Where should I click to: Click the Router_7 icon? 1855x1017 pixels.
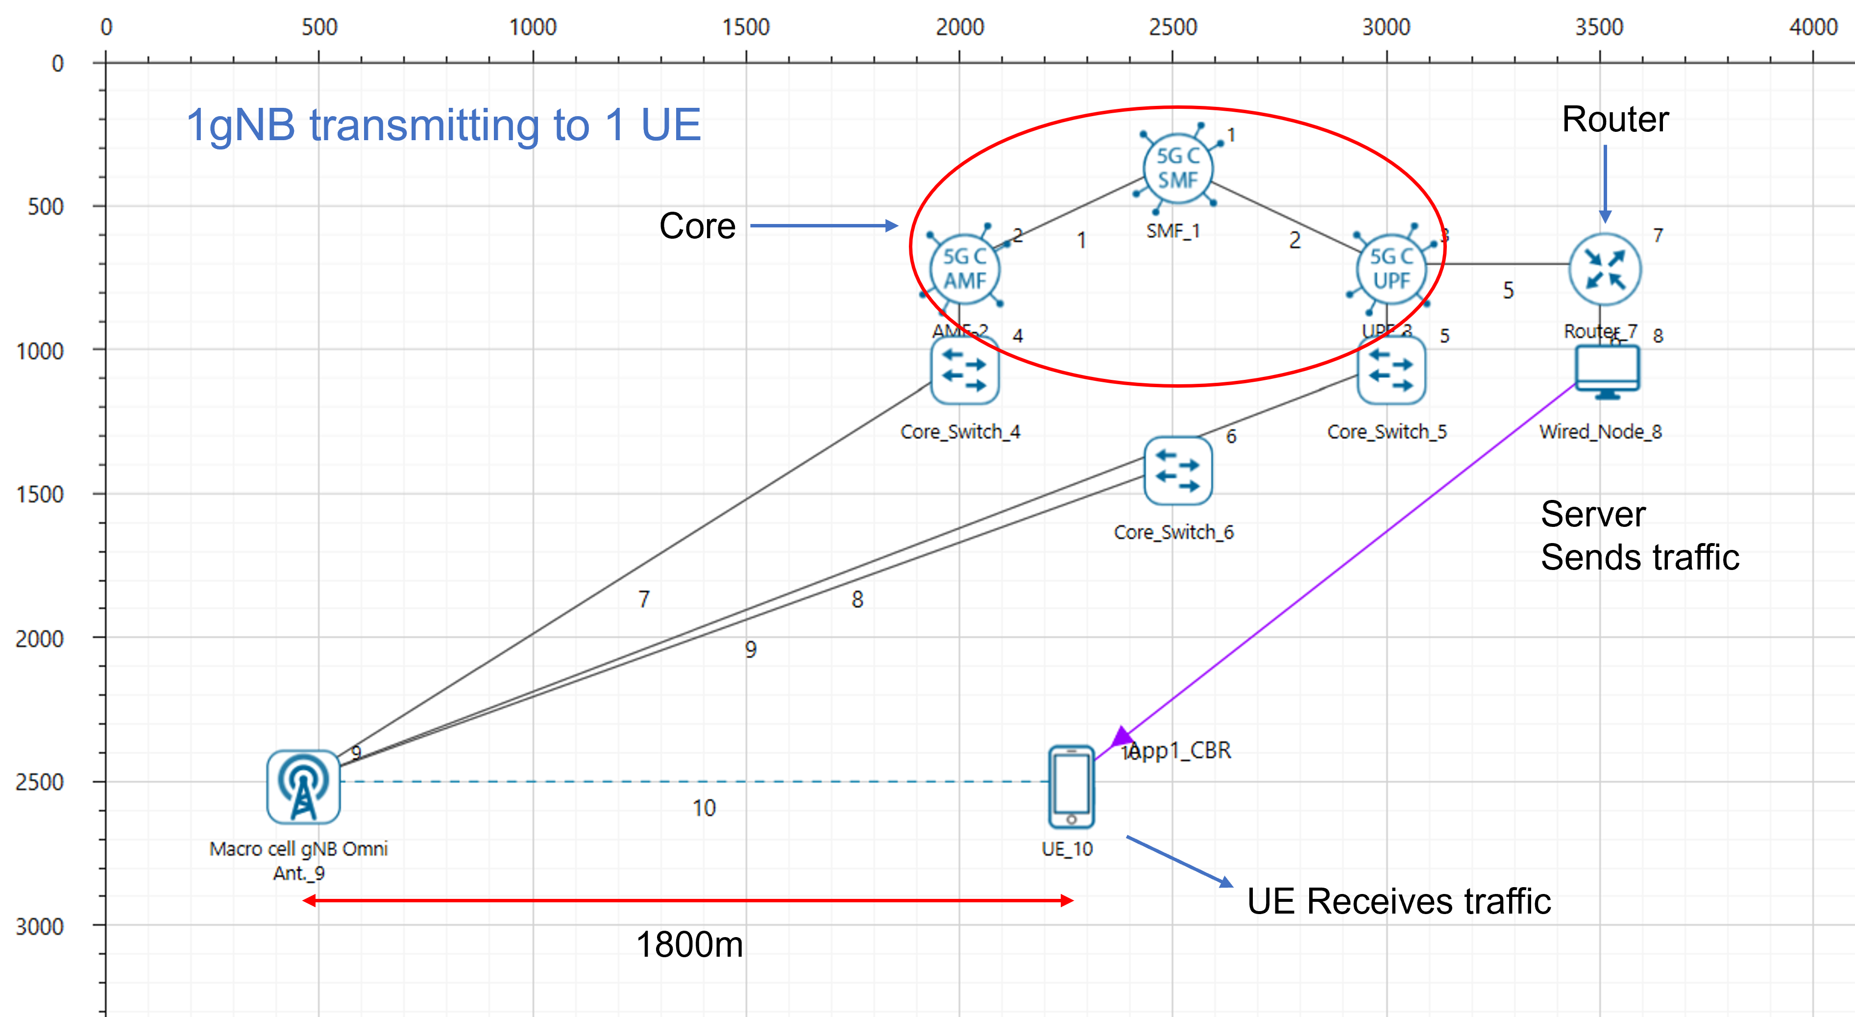1605,270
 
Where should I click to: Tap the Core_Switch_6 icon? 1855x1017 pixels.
1177,471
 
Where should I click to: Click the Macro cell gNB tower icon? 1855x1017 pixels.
303,787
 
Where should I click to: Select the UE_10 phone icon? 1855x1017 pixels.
1071,787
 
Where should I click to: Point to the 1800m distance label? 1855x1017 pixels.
689,944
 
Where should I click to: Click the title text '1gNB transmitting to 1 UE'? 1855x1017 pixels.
443,124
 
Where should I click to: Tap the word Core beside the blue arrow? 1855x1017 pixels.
696,226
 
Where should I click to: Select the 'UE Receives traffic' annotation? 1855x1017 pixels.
1398,901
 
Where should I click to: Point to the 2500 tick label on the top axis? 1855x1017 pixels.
1172,27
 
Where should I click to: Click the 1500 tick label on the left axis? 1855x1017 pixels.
40,494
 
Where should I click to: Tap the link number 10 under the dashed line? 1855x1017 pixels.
704,808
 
